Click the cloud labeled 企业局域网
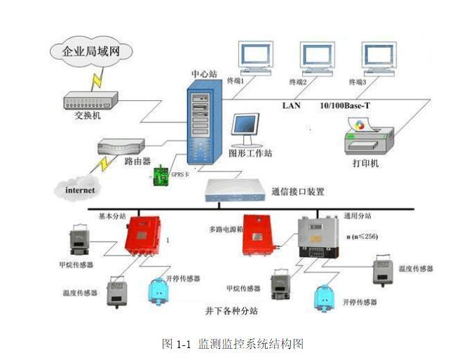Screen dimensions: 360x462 click(x=87, y=51)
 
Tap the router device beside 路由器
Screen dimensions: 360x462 click(x=121, y=148)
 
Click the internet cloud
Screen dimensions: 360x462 click(x=79, y=188)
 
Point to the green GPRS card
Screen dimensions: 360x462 click(x=161, y=175)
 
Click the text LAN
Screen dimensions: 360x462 click(x=291, y=105)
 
